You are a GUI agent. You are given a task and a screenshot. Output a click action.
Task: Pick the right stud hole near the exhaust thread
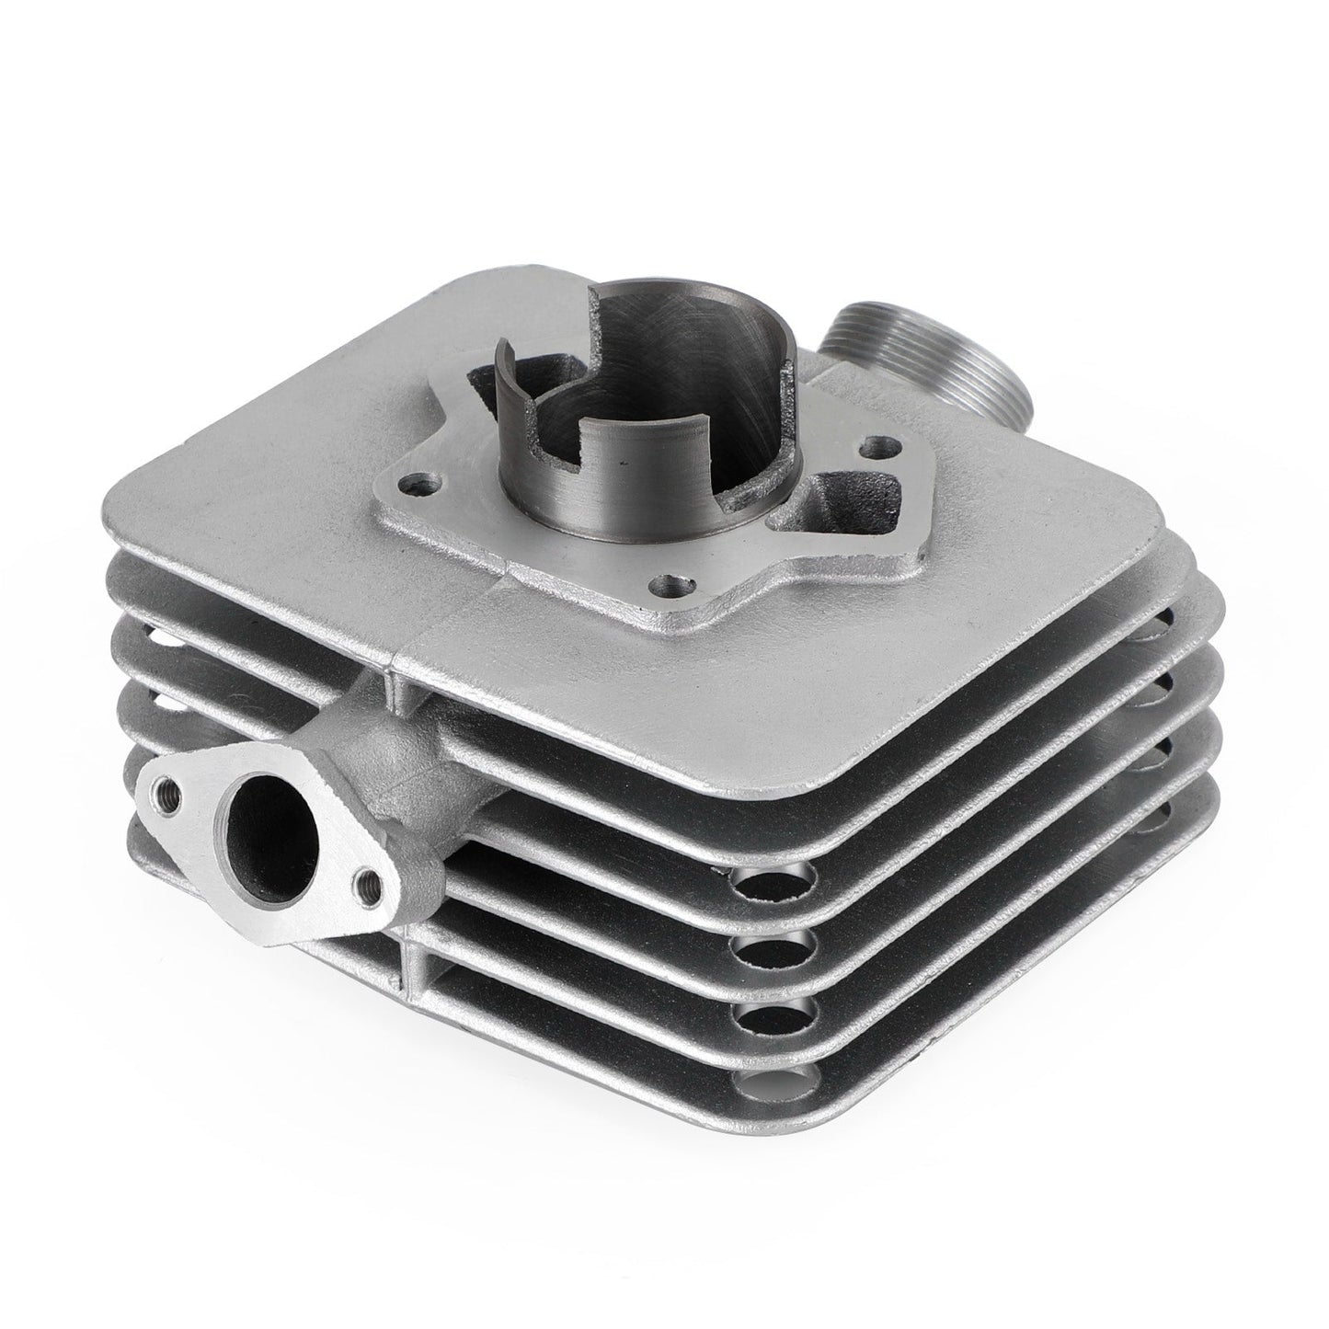pyautogui.click(x=867, y=449)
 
